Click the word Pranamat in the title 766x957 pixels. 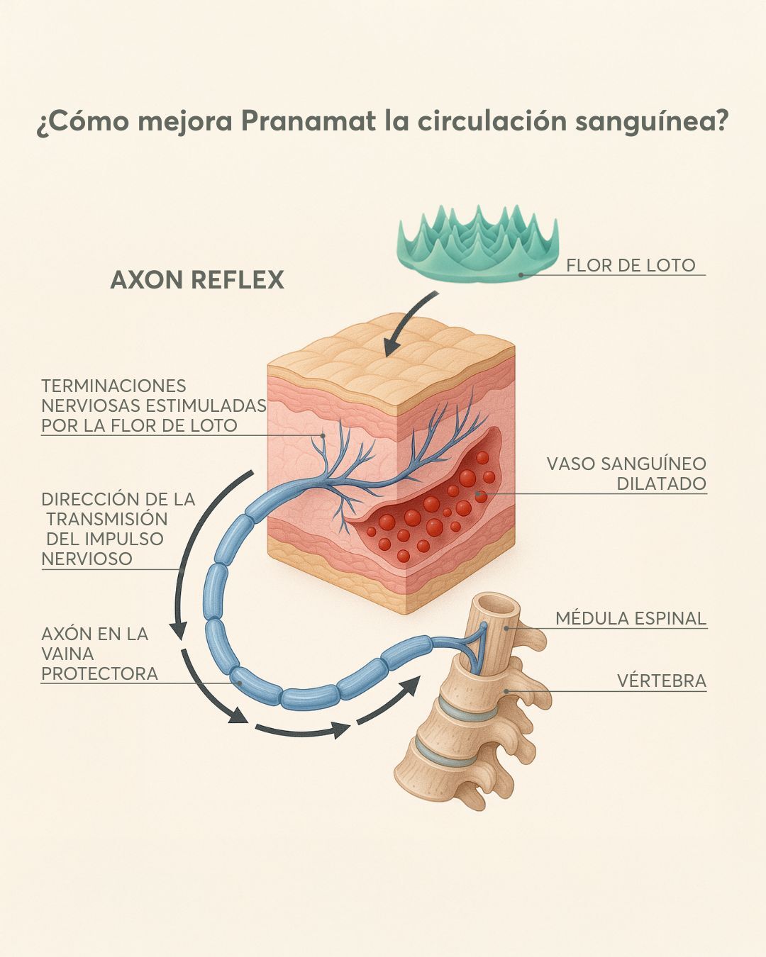pyautogui.click(x=308, y=121)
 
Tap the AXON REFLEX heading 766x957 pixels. pyautogui.click(x=197, y=280)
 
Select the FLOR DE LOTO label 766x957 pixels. pyautogui.click(x=631, y=266)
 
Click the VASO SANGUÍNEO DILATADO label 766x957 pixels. pyautogui.click(x=626, y=473)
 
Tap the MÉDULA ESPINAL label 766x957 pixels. pyautogui.click(x=631, y=619)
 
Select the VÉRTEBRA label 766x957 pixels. pyautogui.click(x=662, y=681)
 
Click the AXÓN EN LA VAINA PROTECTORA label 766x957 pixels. pyautogui.click(x=99, y=654)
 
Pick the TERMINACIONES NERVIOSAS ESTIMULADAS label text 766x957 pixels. pyautogui.click(x=154, y=405)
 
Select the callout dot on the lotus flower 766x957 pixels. pyautogui.click(x=521, y=275)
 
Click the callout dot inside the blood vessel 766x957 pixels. pyautogui.click(x=479, y=493)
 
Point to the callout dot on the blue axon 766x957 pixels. pyautogui.click(x=239, y=683)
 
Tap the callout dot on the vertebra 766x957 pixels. pyautogui.click(x=506, y=691)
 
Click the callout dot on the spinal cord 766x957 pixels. pyautogui.click(x=506, y=629)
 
